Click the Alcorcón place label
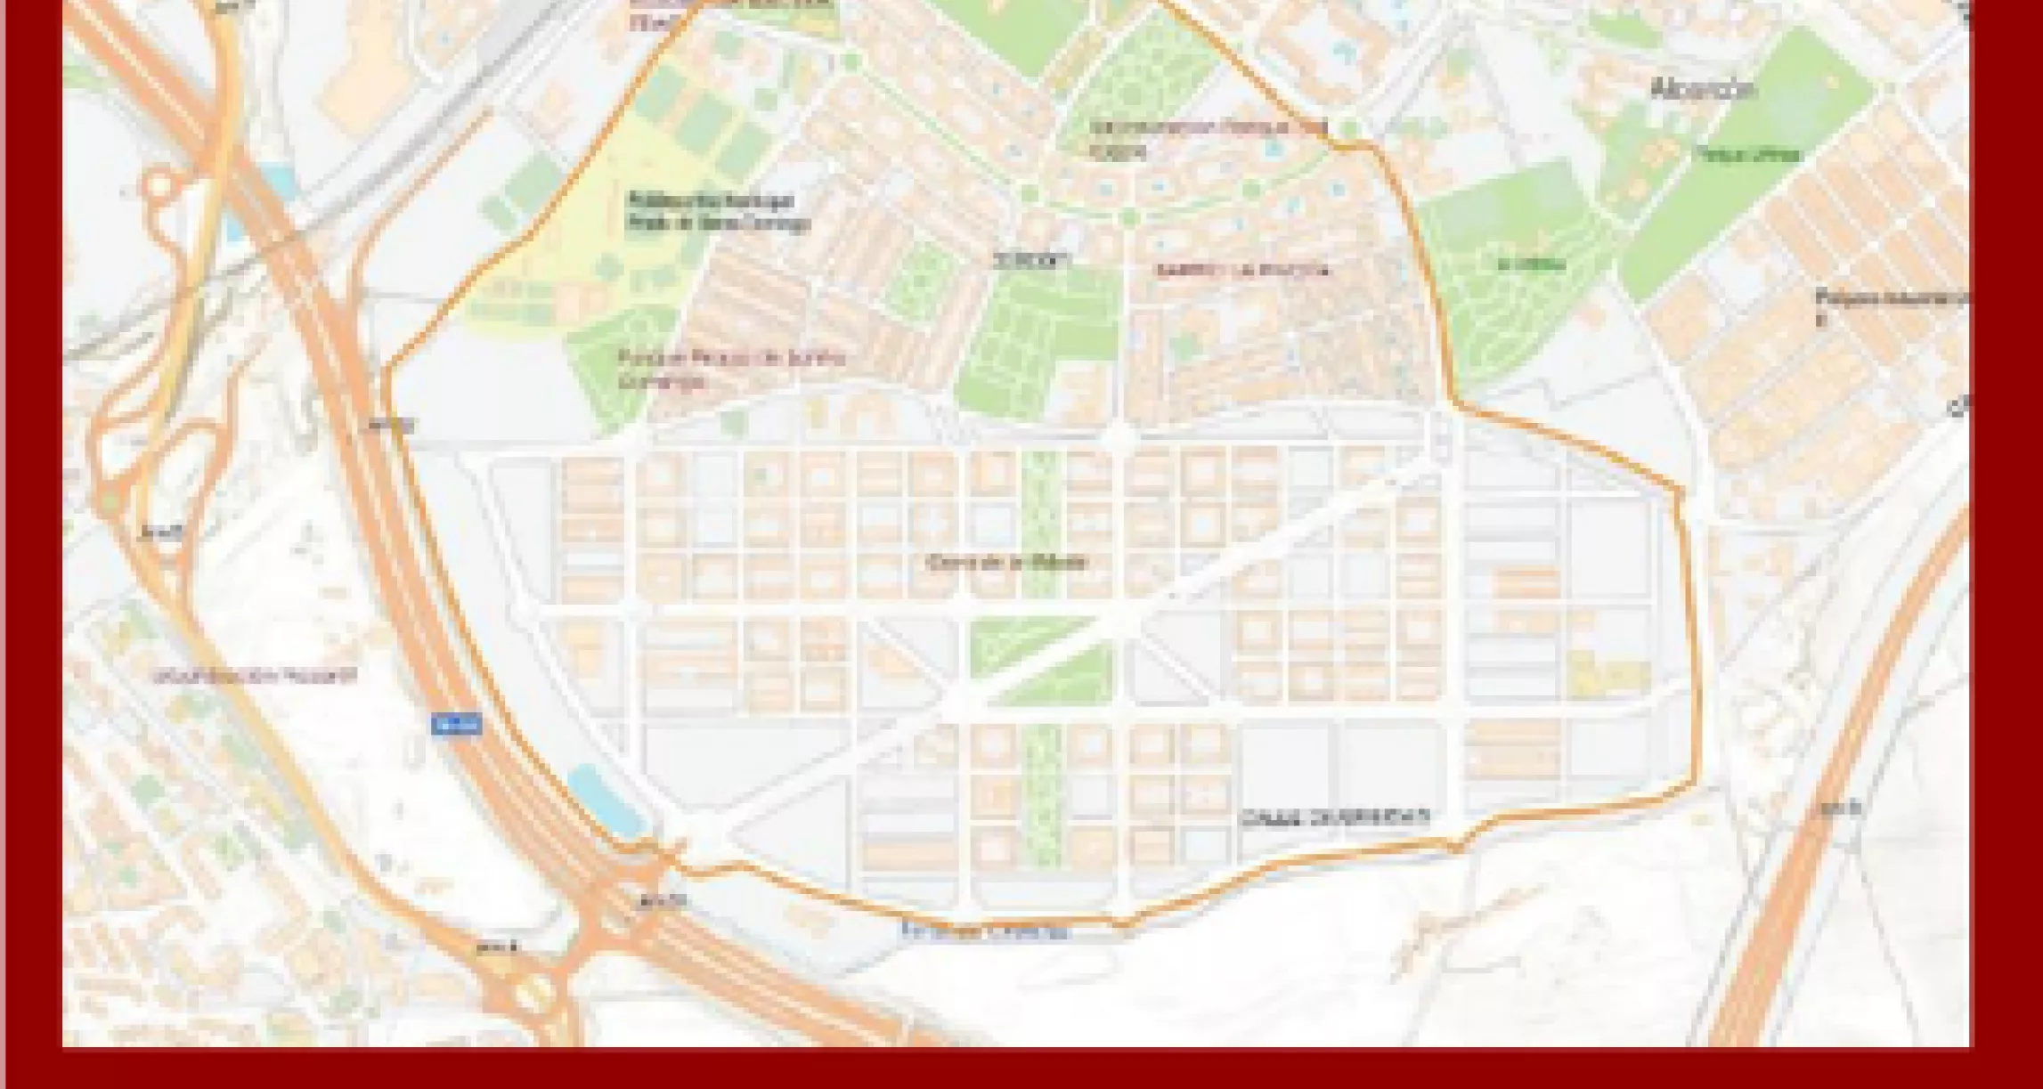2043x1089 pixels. point(1702,89)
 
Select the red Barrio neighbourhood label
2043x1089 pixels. point(1242,270)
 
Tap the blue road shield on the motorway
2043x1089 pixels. point(456,724)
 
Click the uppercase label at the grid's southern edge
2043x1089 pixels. point(1335,817)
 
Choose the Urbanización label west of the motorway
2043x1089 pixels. point(255,675)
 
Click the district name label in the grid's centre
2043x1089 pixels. point(1007,562)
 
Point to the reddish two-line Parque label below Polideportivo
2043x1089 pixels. point(730,369)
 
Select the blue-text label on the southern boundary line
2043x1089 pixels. point(984,932)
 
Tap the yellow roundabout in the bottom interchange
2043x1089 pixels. point(532,993)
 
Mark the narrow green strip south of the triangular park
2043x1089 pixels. point(1041,792)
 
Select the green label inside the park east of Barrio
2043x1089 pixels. point(1518,264)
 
